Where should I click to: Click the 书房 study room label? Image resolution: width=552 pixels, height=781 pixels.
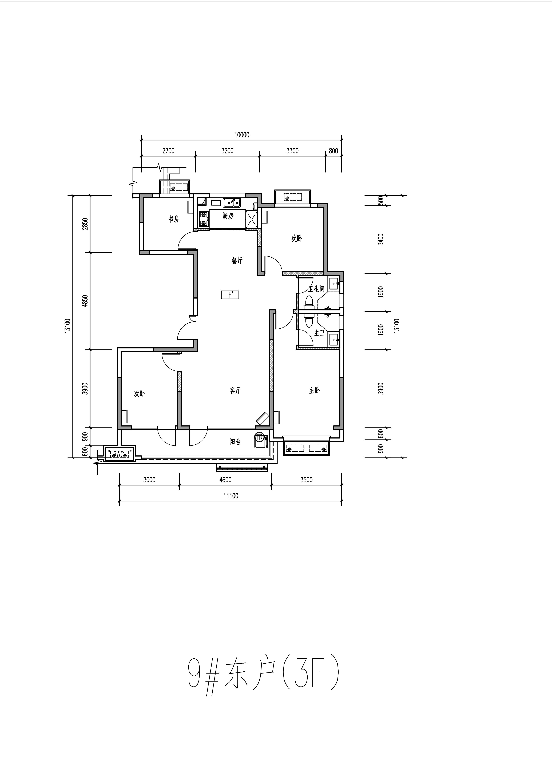[x=174, y=219]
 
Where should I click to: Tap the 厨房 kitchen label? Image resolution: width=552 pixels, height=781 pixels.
[x=228, y=216]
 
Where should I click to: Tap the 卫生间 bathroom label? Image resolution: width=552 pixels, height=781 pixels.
[x=316, y=289]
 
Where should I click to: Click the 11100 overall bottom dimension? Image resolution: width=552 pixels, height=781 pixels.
[x=231, y=496]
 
